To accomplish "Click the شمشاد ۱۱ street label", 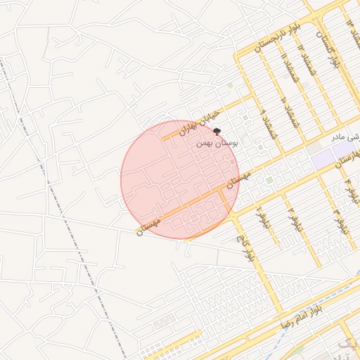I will point(285,67).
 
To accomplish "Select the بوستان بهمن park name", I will point(217,143).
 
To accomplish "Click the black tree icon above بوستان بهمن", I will point(216,131).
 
